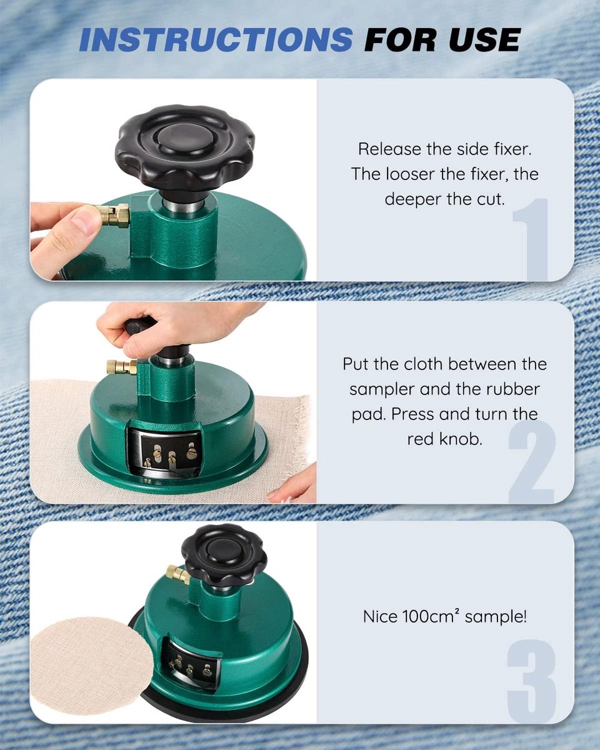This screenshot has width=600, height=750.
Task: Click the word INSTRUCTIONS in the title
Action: click(216, 39)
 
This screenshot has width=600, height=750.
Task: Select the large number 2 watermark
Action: click(532, 461)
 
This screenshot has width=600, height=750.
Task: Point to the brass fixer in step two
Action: click(122, 367)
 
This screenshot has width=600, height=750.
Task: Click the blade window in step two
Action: click(164, 451)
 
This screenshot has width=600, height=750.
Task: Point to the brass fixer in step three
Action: click(177, 574)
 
